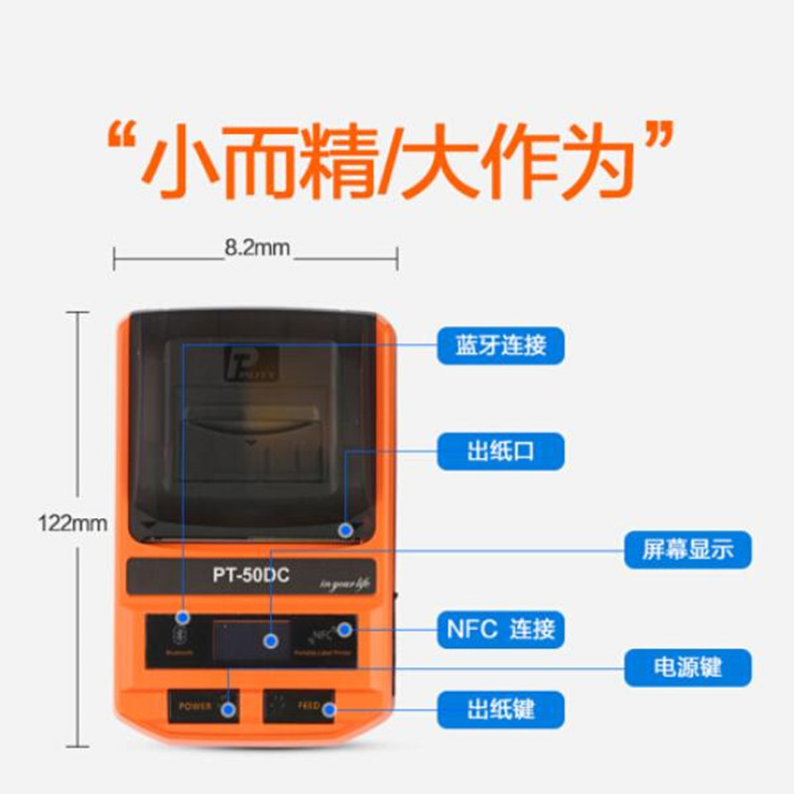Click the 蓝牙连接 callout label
click(x=501, y=345)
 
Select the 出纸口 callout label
click(x=501, y=452)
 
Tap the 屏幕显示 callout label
click(x=688, y=549)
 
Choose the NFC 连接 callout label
click(x=501, y=628)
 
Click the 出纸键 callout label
click(x=501, y=710)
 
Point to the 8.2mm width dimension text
click(x=257, y=248)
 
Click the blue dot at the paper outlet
click(x=345, y=530)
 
